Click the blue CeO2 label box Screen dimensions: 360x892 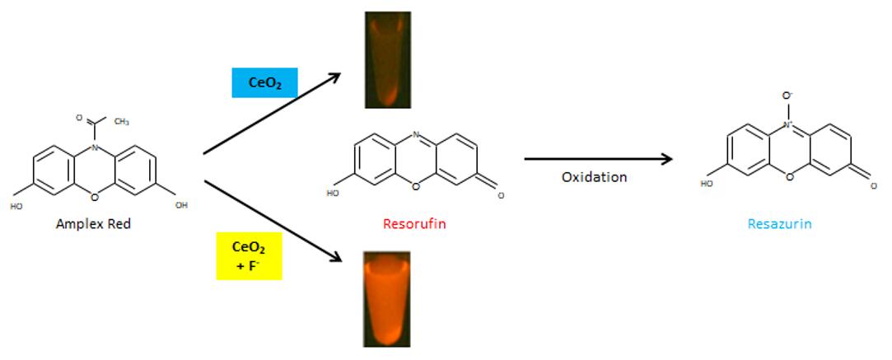click(x=264, y=82)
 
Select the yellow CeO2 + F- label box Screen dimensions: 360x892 click(x=250, y=255)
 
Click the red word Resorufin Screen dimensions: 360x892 click(x=414, y=222)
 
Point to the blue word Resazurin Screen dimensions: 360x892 click(x=779, y=223)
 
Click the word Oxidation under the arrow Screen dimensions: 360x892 click(x=594, y=177)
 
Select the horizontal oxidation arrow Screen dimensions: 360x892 click(x=599, y=159)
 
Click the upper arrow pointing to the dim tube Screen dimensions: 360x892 click(x=272, y=114)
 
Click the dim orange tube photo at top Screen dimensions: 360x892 click(x=387, y=59)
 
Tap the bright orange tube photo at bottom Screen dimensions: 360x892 click(x=386, y=298)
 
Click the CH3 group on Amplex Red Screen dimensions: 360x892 click(x=121, y=121)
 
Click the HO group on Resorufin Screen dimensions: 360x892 click(x=333, y=194)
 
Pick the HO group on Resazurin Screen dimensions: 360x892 click(x=707, y=184)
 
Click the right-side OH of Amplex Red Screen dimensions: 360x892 click(x=181, y=205)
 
